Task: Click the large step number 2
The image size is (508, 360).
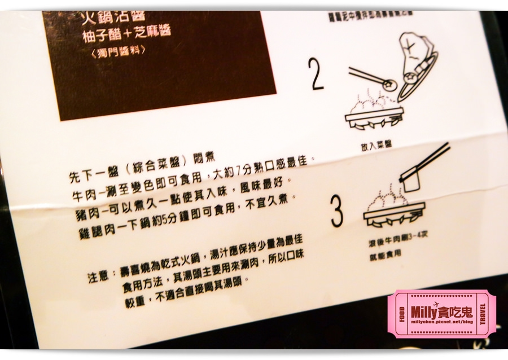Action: pyautogui.click(x=317, y=73)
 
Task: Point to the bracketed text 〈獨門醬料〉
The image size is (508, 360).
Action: pyautogui.click(x=117, y=51)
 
